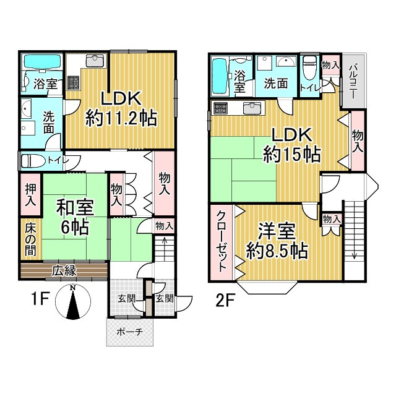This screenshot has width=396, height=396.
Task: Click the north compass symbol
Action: click(x=72, y=303)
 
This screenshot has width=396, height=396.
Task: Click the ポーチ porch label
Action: click(x=130, y=332)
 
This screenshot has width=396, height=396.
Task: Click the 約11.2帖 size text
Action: click(x=121, y=118)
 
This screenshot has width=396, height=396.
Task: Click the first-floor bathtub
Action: click(x=42, y=63)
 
